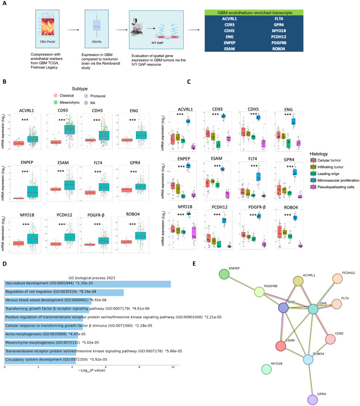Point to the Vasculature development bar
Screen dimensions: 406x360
pyautogui.click(x=88, y=284)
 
